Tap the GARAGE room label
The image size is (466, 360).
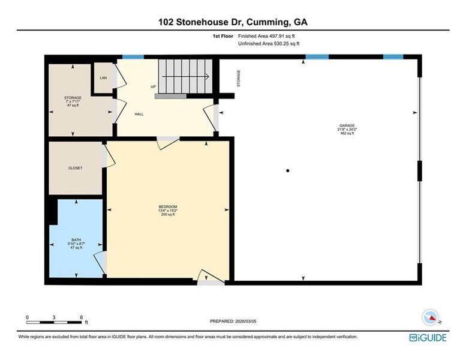click(x=347, y=125)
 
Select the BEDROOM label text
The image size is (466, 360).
click(x=168, y=206)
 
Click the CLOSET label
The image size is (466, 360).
click(x=76, y=168)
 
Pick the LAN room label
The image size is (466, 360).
click(x=103, y=78)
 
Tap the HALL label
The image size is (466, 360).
click(x=139, y=114)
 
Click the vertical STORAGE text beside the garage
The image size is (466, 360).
click(x=239, y=78)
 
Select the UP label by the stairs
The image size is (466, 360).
click(x=153, y=86)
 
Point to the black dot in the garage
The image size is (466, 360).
click(x=288, y=171)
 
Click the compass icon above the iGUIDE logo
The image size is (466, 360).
click(x=431, y=317)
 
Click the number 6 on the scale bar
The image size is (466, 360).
click(x=81, y=317)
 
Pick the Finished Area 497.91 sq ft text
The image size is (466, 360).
click(x=269, y=37)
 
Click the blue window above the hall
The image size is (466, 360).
click(x=133, y=57)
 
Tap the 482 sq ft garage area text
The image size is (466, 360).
click(x=347, y=133)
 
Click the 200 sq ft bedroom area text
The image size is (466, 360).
click(x=168, y=214)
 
